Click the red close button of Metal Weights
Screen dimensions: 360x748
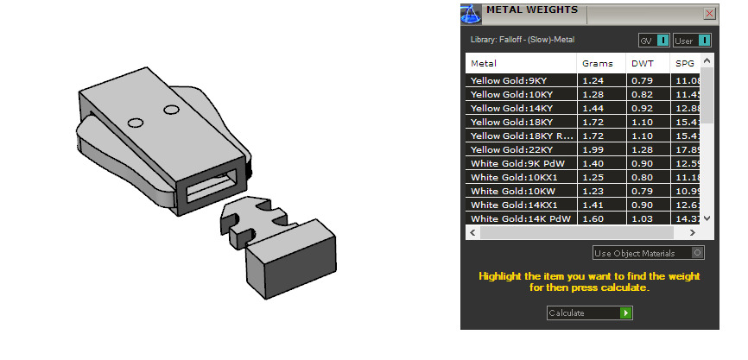click(x=709, y=13)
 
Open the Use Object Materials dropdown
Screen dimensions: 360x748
click(x=648, y=253)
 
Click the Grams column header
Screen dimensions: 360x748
click(x=597, y=63)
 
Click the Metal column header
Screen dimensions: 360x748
click(x=484, y=63)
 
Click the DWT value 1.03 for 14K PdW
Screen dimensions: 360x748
click(x=642, y=218)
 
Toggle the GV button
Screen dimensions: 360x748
click(x=654, y=41)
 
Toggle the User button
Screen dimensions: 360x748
click(x=692, y=41)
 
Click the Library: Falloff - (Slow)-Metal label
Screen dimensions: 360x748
click(x=522, y=40)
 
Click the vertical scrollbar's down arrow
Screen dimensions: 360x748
click(x=707, y=219)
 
